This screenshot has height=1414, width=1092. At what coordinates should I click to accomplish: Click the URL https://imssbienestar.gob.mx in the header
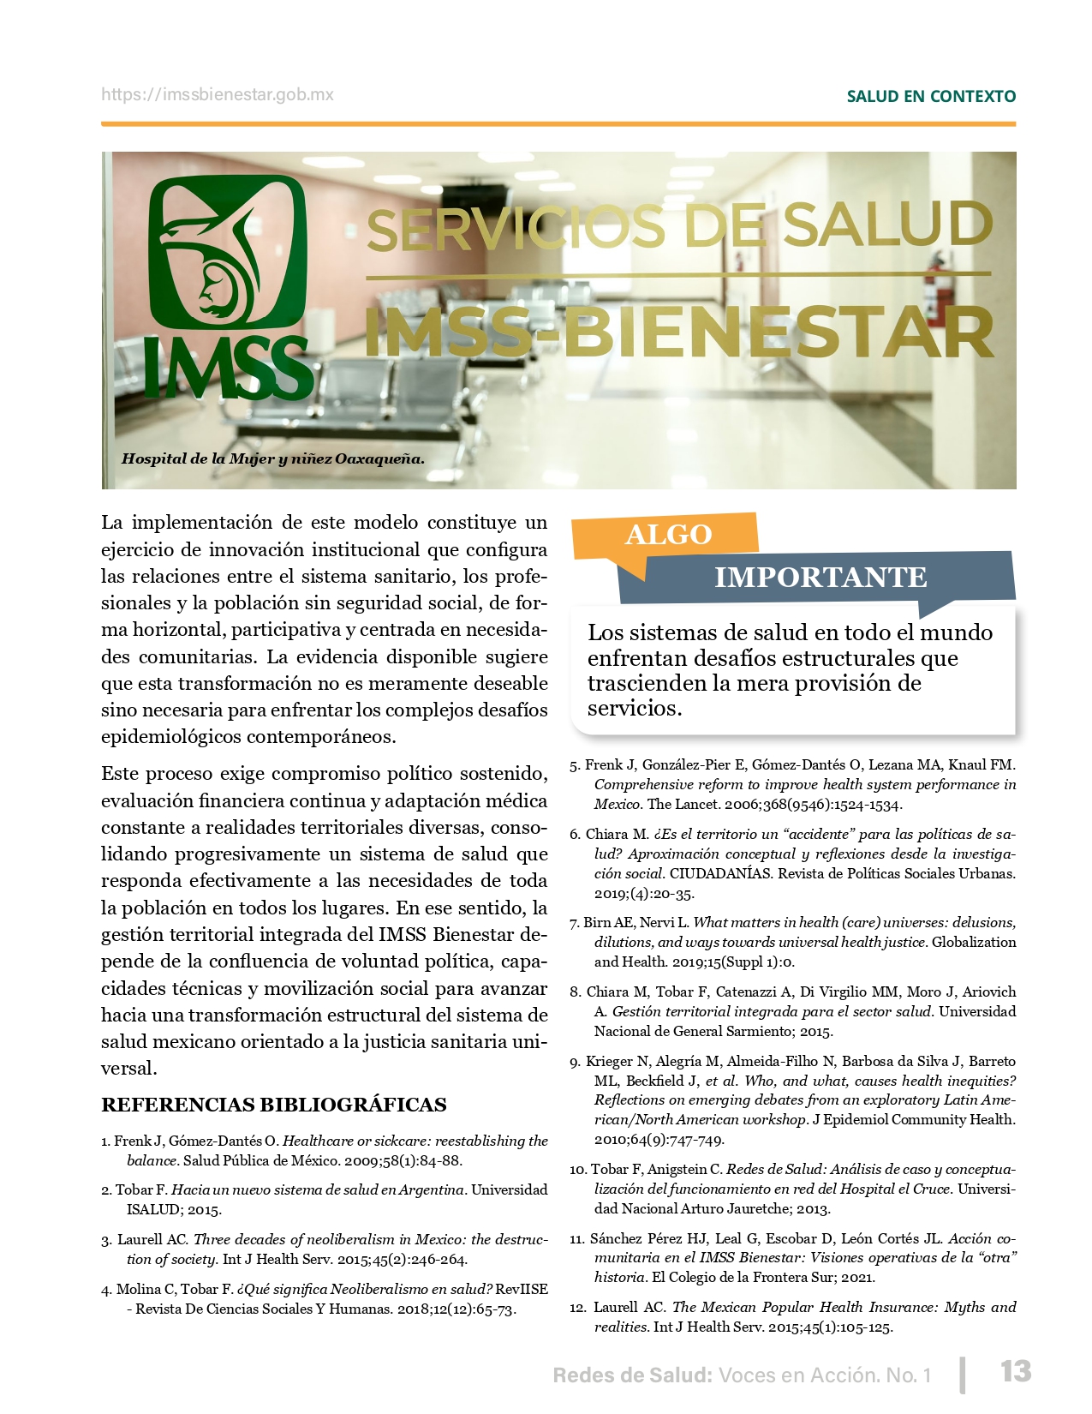(x=218, y=95)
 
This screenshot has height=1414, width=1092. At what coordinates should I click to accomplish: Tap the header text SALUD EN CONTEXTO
(x=931, y=97)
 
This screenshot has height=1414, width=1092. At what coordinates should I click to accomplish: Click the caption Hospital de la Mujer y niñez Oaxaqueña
(x=272, y=458)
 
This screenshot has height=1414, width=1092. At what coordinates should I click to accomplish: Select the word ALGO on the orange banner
(x=668, y=535)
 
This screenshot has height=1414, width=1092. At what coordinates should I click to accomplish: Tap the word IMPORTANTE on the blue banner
(x=820, y=578)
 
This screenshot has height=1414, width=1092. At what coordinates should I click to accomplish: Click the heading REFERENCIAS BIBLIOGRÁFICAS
(x=274, y=1105)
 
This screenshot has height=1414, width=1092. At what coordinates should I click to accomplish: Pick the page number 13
(x=1016, y=1371)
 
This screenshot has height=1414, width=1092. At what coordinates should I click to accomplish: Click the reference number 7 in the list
(x=574, y=923)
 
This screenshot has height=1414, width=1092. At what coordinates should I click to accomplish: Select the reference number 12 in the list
(x=577, y=1308)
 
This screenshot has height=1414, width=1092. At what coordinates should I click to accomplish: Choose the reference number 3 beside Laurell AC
(x=106, y=1240)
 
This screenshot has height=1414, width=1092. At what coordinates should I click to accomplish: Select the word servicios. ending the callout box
(x=635, y=708)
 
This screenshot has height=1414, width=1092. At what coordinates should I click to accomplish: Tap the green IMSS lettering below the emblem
(x=227, y=368)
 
